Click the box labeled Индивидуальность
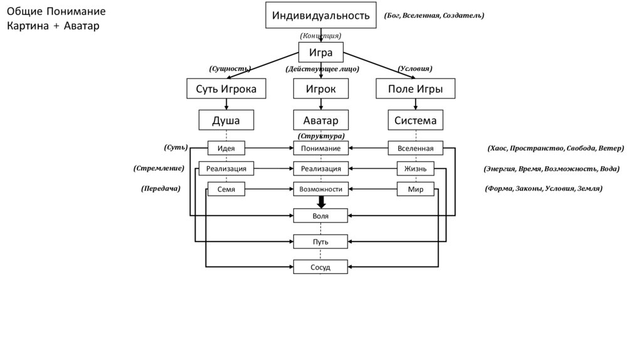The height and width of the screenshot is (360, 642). click(321, 15)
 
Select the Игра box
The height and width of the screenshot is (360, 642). click(321, 53)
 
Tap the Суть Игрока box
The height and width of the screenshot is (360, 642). click(226, 89)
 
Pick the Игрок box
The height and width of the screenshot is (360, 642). click(321, 89)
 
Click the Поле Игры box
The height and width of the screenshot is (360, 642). click(415, 89)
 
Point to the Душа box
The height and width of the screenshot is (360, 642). click(226, 120)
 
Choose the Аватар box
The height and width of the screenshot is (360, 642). click(321, 120)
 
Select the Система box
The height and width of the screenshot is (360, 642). click(415, 120)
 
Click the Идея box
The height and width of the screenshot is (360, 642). click(226, 149)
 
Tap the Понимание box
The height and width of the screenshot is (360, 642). click(321, 149)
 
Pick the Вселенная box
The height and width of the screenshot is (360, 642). click(415, 149)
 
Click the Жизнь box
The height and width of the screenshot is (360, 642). click(415, 169)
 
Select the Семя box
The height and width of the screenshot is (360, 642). click(226, 189)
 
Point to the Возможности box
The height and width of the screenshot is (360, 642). click(321, 189)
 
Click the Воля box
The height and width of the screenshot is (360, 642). click(321, 216)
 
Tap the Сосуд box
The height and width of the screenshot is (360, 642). click(321, 267)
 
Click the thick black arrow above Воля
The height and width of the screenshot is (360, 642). click(321, 202)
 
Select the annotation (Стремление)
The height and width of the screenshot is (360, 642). click(159, 169)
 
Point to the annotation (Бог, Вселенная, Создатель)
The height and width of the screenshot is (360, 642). click(434, 15)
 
